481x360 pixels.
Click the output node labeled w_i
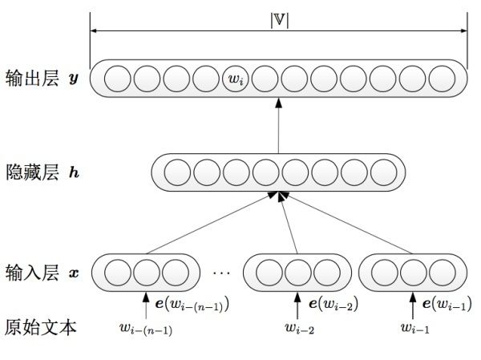point(235,79)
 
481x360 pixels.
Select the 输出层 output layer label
point(32,79)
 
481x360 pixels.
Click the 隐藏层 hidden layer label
point(32,172)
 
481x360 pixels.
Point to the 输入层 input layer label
point(32,273)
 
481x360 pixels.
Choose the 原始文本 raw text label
point(40,327)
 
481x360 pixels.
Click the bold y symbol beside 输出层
point(74,79)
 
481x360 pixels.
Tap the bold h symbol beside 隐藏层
point(74,172)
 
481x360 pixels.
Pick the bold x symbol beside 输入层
point(74,273)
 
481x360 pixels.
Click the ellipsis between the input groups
point(221,273)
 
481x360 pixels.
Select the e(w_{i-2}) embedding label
point(333,304)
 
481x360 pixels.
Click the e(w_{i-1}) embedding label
point(447,304)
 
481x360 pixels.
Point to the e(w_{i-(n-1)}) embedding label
point(192,305)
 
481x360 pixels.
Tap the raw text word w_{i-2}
point(299,328)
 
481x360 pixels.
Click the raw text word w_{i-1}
point(415,328)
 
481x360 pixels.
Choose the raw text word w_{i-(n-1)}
point(146,329)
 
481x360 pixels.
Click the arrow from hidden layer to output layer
point(278,126)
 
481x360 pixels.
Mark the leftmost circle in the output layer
point(118,79)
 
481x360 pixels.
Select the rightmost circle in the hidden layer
point(384,172)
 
